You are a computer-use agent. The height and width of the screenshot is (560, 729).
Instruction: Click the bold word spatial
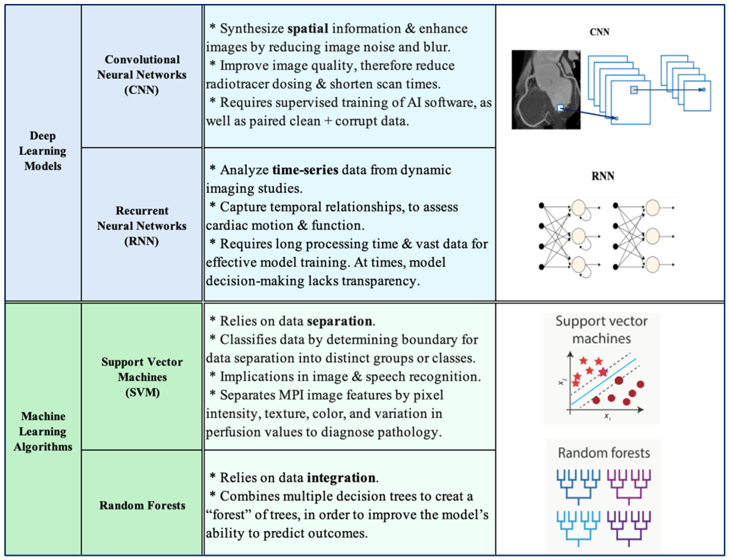coord(308,29)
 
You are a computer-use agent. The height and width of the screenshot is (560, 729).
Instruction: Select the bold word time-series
coord(305,170)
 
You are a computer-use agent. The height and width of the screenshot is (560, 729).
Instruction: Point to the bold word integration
coord(341,478)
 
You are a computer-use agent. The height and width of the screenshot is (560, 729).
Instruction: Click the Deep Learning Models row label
coord(43,151)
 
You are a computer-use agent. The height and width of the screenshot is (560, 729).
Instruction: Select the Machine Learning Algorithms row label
coord(43,431)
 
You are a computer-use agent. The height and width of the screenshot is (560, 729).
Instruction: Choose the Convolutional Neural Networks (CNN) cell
coord(142,75)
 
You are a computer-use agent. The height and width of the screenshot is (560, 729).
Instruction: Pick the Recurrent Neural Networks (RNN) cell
coord(142,226)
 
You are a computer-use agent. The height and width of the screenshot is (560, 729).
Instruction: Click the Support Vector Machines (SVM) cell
coord(142,377)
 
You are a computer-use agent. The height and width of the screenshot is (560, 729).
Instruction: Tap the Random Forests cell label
coord(142,505)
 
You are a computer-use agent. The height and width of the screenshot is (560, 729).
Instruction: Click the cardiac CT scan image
coord(546,90)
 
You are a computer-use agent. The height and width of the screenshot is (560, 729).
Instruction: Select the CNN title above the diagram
coord(599,32)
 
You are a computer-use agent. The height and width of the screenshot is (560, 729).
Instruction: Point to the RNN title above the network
coord(603,176)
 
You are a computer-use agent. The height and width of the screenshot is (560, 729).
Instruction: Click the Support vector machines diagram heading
coord(601,330)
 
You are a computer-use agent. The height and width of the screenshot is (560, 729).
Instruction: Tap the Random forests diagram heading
coord(603,453)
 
